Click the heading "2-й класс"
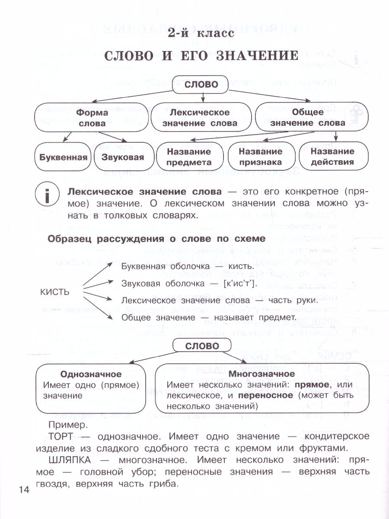202,33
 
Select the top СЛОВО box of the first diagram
201,84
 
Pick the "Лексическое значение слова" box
200,118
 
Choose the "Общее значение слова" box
311,118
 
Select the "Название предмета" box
189,157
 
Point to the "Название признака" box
260,157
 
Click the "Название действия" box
332,157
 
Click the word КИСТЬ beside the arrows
54,292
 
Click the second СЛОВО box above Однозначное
201,346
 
